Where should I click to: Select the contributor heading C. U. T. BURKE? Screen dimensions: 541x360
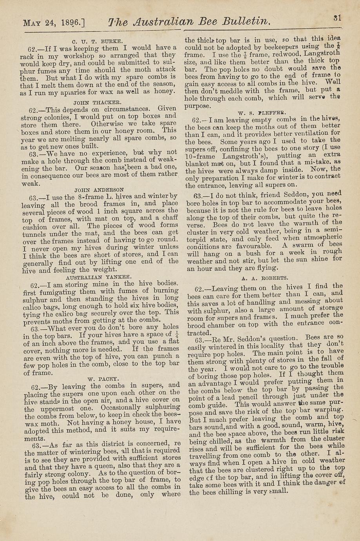tap(98, 40)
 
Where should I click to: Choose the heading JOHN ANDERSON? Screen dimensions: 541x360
tap(99, 189)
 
